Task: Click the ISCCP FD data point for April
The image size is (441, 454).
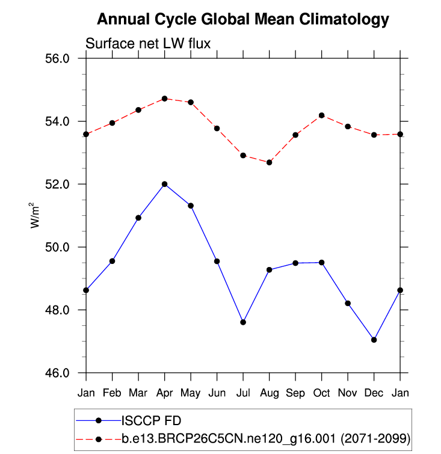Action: (x=165, y=184)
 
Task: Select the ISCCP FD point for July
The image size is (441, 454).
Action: (x=243, y=322)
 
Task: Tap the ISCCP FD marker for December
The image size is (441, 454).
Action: (x=374, y=340)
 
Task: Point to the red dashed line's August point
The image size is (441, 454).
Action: (x=270, y=162)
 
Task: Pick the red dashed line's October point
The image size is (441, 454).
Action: (x=322, y=115)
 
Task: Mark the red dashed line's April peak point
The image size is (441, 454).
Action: (x=165, y=99)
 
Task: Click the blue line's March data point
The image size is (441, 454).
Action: (x=138, y=218)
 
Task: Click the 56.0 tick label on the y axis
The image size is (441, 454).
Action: (x=59, y=59)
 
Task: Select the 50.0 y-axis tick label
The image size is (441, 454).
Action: (x=59, y=247)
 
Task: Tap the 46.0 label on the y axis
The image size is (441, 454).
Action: (x=59, y=373)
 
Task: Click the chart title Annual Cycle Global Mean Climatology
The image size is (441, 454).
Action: (x=243, y=20)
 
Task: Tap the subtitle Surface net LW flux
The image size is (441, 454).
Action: (x=147, y=43)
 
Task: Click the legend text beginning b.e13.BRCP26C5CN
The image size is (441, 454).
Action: (x=229, y=440)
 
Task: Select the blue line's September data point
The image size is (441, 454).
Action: (x=295, y=263)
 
